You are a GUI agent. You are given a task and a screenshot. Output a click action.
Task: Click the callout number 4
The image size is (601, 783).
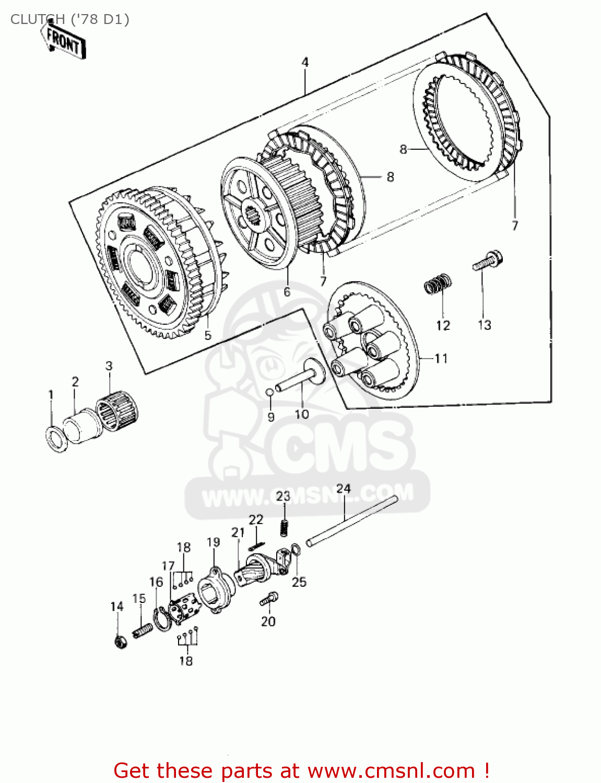pyautogui.click(x=305, y=62)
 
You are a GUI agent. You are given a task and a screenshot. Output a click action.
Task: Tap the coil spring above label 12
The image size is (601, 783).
pyautogui.click(x=437, y=283)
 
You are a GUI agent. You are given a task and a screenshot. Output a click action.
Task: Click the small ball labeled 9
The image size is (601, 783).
pyautogui.click(x=269, y=392)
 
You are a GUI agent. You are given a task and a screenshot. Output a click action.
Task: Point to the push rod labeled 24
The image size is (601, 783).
pyautogui.click(x=352, y=522)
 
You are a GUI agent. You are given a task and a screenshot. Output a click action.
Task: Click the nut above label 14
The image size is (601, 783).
pyautogui.click(x=120, y=641)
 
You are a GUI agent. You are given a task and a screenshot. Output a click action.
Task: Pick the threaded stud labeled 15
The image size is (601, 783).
pyautogui.click(x=143, y=630)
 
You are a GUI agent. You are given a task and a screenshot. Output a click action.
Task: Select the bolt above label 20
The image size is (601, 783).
pyautogui.click(x=269, y=599)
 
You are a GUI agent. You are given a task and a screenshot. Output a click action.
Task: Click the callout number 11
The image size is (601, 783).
pyautogui.click(x=441, y=359)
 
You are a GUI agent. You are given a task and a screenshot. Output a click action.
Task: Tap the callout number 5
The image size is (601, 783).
pyautogui.click(x=208, y=335)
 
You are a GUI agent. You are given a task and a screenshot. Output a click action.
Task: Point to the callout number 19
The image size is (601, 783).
pyautogui.click(x=213, y=542)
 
